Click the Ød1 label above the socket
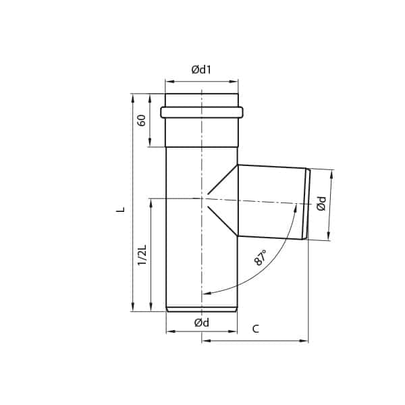(x=201, y=69)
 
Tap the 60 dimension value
(x=141, y=120)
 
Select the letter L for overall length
(x=119, y=209)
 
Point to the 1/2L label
(x=142, y=254)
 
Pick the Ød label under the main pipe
(x=201, y=323)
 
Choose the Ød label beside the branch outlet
(x=322, y=204)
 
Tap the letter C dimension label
(x=255, y=329)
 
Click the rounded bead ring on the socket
(x=201, y=112)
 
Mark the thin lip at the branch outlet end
(x=308, y=204)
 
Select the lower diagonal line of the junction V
(x=223, y=220)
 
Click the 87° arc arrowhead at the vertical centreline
(x=205, y=294)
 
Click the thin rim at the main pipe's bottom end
(x=201, y=310)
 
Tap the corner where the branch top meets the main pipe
(x=238, y=165)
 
